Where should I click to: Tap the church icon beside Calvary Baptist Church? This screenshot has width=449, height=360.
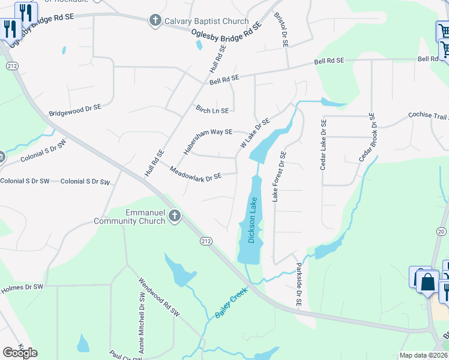pyautogui.click(x=155, y=21)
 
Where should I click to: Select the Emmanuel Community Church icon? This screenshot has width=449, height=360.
pyautogui.click(x=175, y=215)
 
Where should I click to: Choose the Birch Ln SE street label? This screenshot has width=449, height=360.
pyautogui.click(x=212, y=110)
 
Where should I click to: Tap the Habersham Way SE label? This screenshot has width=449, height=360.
pyautogui.click(x=208, y=142)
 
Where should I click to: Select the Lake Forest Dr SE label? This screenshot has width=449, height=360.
pyautogui.click(x=280, y=176)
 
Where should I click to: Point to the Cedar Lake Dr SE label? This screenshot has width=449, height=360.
pyautogui.click(x=323, y=145)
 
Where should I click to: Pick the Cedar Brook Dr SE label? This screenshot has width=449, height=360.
pyautogui.click(x=367, y=137)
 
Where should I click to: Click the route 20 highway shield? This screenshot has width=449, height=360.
pyautogui.click(x=441, y=231)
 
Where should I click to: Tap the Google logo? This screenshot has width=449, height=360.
pyautogui.click(x=20, y=352)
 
